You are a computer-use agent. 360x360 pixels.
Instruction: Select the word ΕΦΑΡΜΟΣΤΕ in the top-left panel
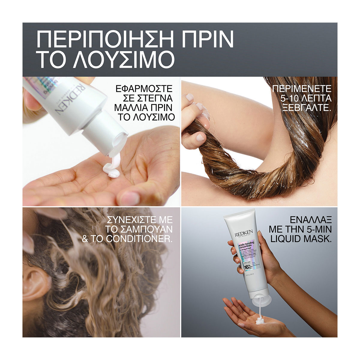point(144,89)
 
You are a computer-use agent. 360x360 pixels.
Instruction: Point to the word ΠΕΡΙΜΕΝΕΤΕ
point(302,89)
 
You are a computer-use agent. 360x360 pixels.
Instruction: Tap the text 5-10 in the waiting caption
point(284,98)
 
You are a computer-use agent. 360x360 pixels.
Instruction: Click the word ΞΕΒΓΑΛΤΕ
point(303,108)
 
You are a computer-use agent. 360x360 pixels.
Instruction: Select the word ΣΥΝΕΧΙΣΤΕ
point(138,220)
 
